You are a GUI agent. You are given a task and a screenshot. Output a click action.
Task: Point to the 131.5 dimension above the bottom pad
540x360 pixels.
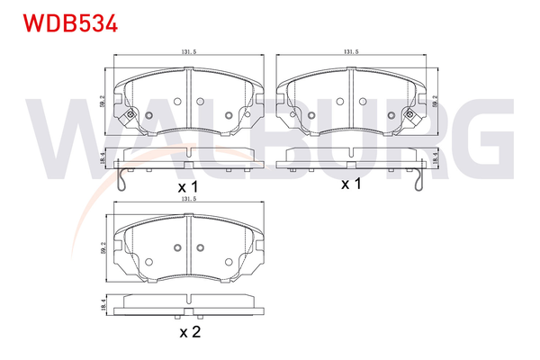(189, 213)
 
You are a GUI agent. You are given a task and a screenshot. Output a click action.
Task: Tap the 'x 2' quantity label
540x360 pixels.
(189, 334)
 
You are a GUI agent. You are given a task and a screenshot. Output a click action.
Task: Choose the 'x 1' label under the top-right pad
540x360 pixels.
(351, 184)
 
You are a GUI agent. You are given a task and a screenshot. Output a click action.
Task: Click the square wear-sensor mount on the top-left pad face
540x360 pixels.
(131, 114)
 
